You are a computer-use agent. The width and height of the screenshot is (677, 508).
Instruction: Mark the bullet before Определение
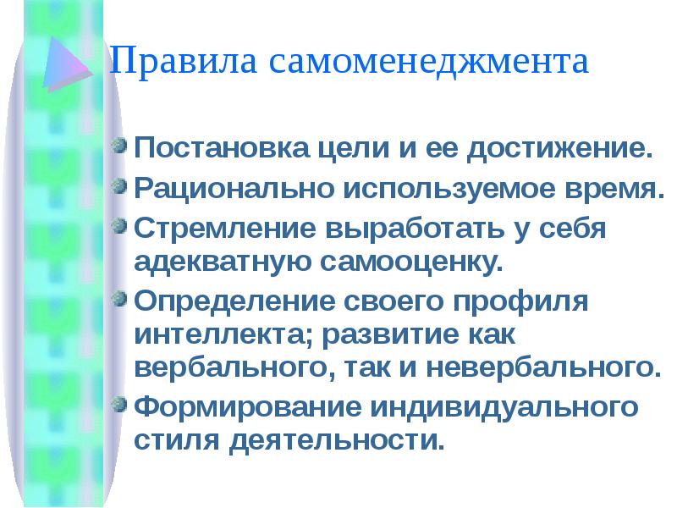pos(122,299)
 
